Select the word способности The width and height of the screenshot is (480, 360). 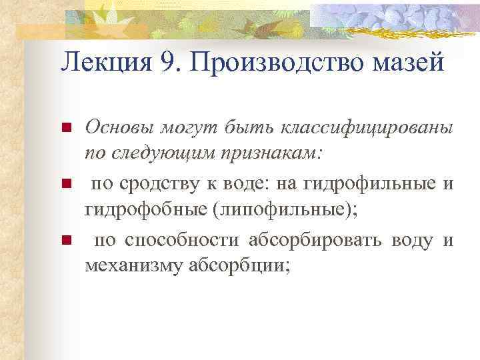(179, 240)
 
